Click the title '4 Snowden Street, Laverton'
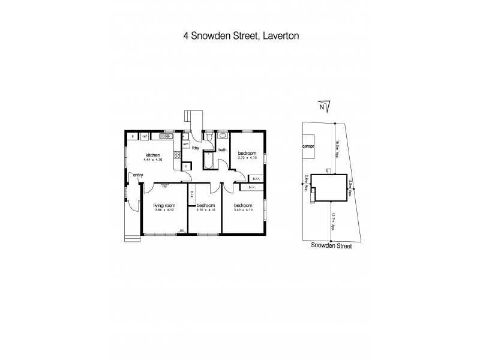241,35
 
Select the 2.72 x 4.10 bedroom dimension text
247,158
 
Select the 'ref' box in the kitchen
145,137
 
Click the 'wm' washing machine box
186,144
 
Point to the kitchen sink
164,137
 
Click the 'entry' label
138,175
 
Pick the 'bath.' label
221,149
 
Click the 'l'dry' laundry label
196,148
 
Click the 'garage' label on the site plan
308,146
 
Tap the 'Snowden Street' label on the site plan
331,245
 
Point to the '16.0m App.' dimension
337,148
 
